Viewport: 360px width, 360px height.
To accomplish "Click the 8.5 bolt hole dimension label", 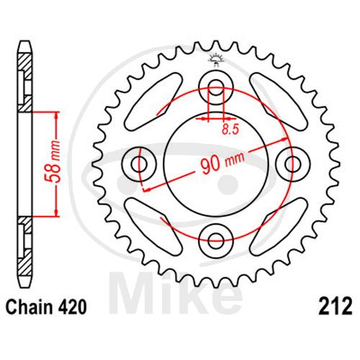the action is tap(230, 130).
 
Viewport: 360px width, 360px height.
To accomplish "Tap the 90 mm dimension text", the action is tap(222, 163).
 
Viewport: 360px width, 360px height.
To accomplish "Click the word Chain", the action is tap(29, 307).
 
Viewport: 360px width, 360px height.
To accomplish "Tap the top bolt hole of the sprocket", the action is tap(216, 88).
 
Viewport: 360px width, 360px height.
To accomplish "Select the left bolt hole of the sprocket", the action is tap(139, 165).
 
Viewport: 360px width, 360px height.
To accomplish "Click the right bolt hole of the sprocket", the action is tap(293, 165).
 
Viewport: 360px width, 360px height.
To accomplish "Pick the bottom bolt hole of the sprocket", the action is tap(216, 240).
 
